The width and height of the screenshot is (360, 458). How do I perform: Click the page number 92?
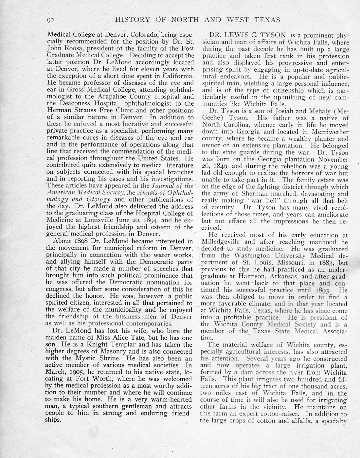(50, 20)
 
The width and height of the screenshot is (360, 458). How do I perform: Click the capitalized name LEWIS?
(239, 35)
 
